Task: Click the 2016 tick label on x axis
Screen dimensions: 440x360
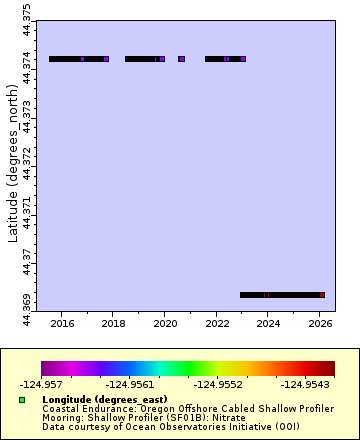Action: tap(62, 323)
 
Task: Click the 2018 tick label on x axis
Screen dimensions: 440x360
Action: tap(114, 323)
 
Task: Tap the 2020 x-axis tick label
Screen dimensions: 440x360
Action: tap(165, 323)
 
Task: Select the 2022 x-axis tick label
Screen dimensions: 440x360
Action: tap(217, 323)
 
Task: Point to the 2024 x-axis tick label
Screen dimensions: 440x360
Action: tap(268, 323)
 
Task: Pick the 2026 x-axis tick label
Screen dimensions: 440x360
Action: tap(320, 323)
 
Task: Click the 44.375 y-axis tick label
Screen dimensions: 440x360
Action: tap(26, 24)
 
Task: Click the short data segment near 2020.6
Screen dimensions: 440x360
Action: tap(182, 59)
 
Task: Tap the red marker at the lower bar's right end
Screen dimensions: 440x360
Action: tap(322, 295)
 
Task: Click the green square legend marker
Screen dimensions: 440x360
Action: tap(22, 399)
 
